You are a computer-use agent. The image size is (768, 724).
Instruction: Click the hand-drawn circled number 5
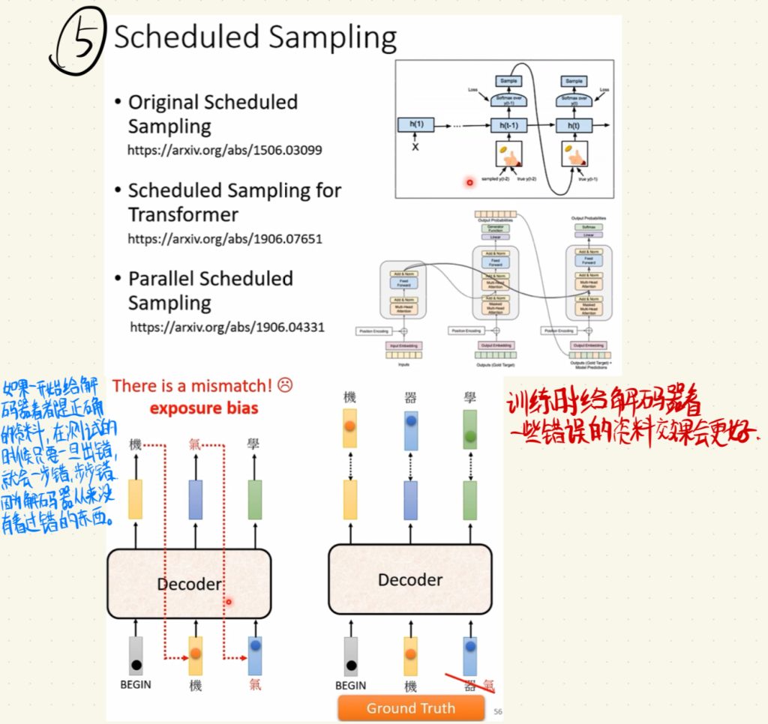[x=77, y=46]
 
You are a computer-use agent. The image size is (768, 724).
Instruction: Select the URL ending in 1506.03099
[x=224, y=150]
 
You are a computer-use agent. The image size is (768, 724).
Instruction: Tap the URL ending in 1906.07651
[x=224, y=239]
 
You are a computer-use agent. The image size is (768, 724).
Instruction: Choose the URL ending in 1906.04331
[x=227, y=327]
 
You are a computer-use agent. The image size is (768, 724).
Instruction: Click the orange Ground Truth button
[x=410, y=708]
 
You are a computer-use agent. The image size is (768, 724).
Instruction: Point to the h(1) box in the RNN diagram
[x=416, y=125]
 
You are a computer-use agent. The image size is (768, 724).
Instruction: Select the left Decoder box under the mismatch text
[x=189, y=582]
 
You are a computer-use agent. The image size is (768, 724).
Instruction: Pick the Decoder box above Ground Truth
[x=409, y=579]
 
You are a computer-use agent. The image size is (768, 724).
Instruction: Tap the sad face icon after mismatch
[x=284, y=385]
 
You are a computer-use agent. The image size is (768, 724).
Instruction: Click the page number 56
[x=498, y=711]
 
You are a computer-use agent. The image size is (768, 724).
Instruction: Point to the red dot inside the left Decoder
[x=229, y=601]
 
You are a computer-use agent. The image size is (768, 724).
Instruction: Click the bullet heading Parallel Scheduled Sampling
[x=210, y=290]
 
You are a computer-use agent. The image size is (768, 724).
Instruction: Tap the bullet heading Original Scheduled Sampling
[x=212, y=114]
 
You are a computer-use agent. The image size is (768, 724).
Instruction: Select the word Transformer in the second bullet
[x=183, y=214]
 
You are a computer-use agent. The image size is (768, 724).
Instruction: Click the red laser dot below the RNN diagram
[x=470, y=182]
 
